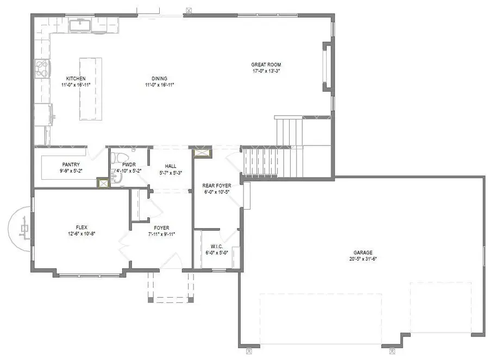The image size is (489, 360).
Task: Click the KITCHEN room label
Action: [x=76, y=78]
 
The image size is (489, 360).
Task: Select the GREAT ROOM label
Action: [x=266, y=65]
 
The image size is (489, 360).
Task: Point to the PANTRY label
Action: [x=71, y=165]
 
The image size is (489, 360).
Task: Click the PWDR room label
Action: [x=129, y=164]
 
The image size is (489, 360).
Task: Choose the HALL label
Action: [x=170, y=166]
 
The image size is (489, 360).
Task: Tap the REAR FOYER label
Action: [x=216, y=186]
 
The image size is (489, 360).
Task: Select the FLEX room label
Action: [x=82, y=227]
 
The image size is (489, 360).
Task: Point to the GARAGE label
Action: [x=363, y=252]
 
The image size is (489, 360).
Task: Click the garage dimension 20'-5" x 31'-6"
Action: [x=363, y=259]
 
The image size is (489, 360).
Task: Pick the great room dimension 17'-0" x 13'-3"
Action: [x=266, y=71]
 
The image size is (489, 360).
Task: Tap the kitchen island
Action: [x=90, y=89]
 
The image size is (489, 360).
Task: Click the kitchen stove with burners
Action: [x=42, y=69]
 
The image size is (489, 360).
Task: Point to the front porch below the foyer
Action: [x=171, y=287]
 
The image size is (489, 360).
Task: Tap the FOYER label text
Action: [x=161, y=228]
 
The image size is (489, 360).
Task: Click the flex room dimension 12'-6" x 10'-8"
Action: [x=82, y=233]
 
